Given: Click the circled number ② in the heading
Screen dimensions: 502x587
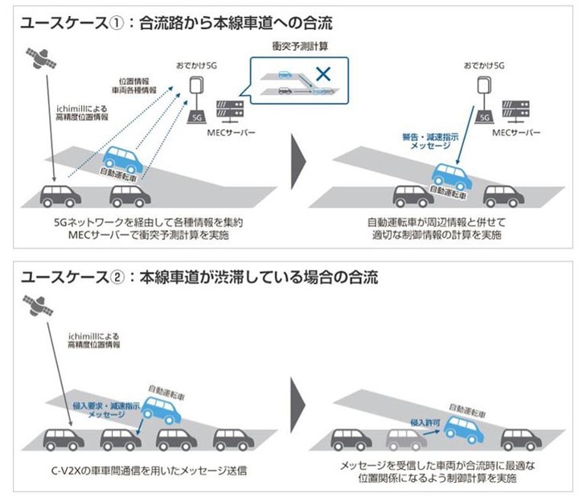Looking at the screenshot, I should click(x=117, y=277).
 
